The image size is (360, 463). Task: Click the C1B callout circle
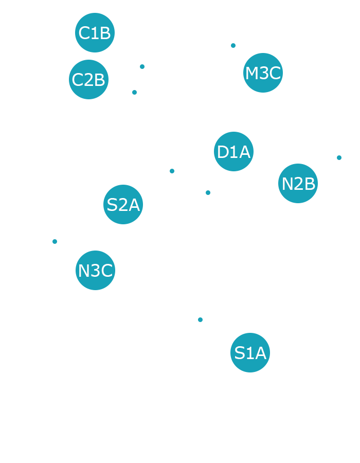(x=94, y=33)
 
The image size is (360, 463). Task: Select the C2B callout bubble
(x=88, y=80)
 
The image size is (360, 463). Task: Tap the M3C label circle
(x=263, y=73)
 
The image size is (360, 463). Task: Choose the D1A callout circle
(x=234, y=152)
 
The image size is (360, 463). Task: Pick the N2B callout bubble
(x=298, y=183)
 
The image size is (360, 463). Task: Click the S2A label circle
(x=123, y=205)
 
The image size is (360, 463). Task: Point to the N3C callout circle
(x=95, y=270)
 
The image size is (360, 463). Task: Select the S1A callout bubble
(x=250, y=353)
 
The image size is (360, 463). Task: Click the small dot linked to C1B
(x=142, y=66)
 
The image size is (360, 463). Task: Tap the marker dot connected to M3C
(x=233, y=46)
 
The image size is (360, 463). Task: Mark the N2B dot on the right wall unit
(x=339, y=157)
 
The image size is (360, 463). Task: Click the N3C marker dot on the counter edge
(x=55, y=241)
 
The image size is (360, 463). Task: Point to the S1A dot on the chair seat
(x=200, y=319)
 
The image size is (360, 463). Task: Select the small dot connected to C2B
(x=134, y=92)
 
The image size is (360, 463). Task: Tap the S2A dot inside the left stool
(x=172, y=171)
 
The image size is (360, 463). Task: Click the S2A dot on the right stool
(x=208, y=192)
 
